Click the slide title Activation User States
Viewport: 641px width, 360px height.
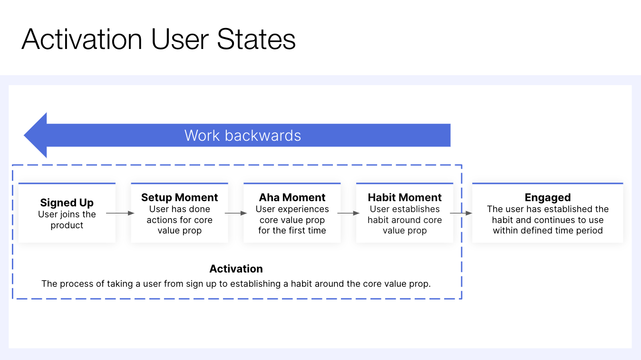pos(158,39)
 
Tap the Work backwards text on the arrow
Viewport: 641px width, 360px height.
pos(243,136)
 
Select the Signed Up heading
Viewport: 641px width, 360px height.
pos(67,203)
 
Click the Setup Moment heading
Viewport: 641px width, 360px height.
pos(179,197)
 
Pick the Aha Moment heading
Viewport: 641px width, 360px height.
pos(292,197)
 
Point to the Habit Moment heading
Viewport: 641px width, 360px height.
pos(405,197)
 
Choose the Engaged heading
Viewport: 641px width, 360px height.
pos(548,197)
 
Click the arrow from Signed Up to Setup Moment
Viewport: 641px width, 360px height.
pos(120,214)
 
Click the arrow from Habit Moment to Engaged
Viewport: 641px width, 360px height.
pos(461,214)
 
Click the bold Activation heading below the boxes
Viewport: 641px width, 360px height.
pos(236,269)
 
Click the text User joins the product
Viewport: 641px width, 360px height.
pos(67,220)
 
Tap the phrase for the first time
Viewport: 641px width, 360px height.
pos(292,231)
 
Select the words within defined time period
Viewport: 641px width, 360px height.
pos(548,231)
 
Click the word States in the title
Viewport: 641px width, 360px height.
pos(256,39)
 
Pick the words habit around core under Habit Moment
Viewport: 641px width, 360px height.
pos(405,220)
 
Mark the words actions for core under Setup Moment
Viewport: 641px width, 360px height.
pos(179,220)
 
